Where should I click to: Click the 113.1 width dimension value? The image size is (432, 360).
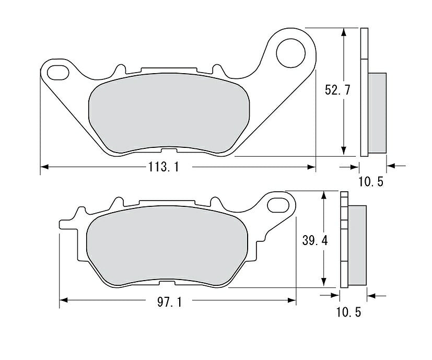tap(164, 167)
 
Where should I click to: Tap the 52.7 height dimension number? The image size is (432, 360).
tap(337, 90)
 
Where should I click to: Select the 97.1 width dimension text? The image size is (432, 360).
tap(169, 303)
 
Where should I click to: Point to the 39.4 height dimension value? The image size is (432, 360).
tap(315, 241)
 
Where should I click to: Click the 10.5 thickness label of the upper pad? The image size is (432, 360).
tap(371, 182)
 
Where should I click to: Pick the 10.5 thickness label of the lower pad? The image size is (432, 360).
tap(348, 312)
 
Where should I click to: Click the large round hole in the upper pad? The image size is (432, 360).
tap(290, 53)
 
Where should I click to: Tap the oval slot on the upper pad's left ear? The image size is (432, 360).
tap(58, 73)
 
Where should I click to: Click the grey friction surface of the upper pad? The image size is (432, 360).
tap(169, 113)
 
